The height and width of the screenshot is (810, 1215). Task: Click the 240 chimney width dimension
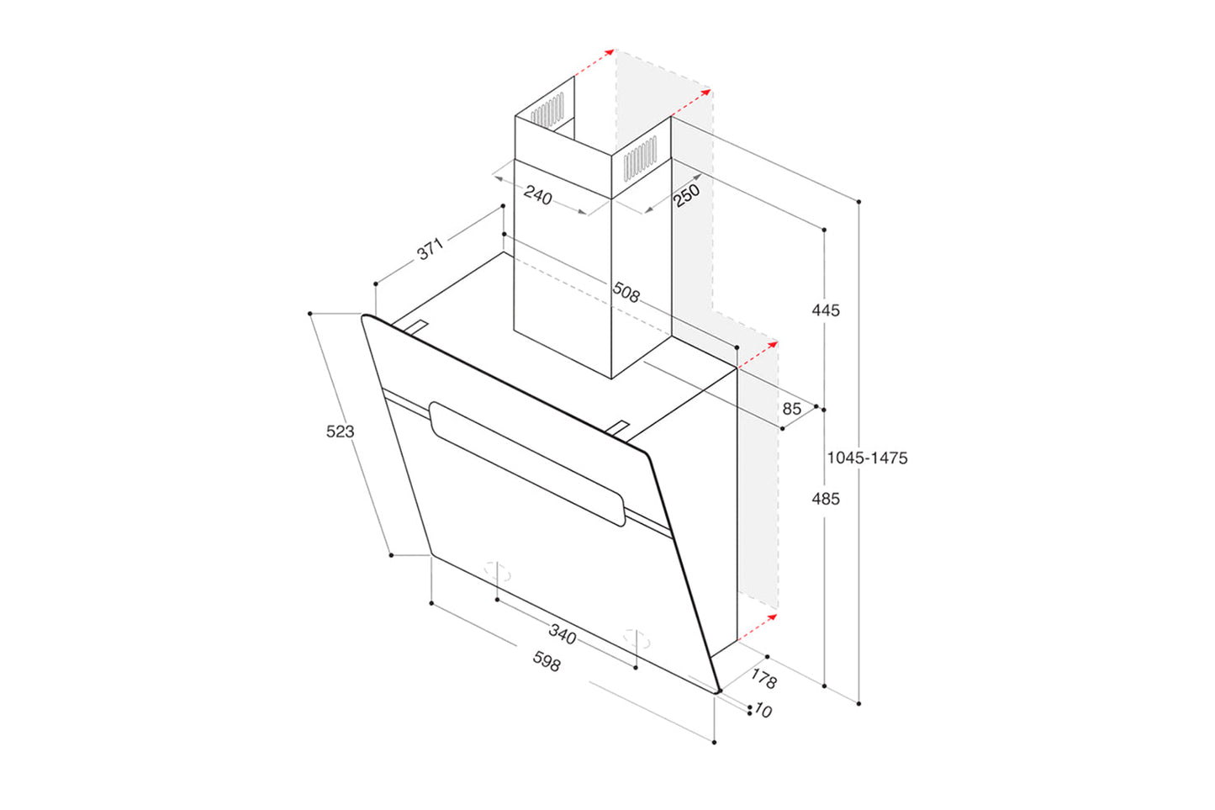tap(538, 196)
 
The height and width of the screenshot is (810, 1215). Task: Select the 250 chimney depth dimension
tap(686, 195)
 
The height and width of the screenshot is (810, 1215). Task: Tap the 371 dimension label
tap(430, 249)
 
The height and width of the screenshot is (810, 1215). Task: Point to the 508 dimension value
tap(626, 293)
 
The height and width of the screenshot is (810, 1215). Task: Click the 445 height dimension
tap(825, 310)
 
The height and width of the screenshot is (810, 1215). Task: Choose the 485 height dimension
tap(825, 499)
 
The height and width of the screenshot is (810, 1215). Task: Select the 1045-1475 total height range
tap(867, 458)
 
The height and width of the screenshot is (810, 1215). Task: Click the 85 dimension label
tap(791, 409)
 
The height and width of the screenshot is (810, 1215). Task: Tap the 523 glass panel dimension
tap(340, 431)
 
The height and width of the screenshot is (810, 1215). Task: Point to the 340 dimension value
tap(563, 633)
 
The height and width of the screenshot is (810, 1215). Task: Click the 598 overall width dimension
tap(546, 662)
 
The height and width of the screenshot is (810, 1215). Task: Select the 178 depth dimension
tap(763, 678)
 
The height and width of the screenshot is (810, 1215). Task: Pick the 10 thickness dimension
tap(763, 711)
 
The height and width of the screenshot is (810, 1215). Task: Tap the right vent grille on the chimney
tap(640, 157)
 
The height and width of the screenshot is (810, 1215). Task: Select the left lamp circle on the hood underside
tap(497, 570)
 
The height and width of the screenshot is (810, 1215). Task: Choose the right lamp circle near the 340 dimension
tap(637, 637)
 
